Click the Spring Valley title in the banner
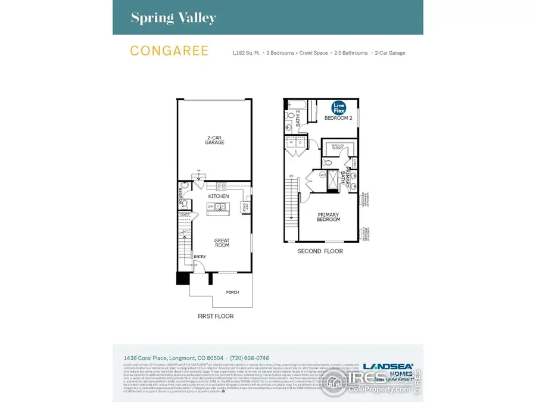(x=173, y=18)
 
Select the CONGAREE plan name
(x=169, y=51)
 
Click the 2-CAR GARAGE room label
(x=215, y=140)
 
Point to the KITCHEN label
(x=218, y=196)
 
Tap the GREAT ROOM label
(x=222, y=243)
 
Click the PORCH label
(x=233, y=292)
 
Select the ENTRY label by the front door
(x=200, y=257)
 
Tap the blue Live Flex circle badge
(x=339, y=108)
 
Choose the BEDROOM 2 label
(x=338, y=119)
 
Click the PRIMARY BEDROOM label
(x=328, y=217)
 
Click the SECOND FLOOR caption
(x=320, y=251)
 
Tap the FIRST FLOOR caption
(x=216, y=316)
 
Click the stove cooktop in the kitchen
(x=221, y=186)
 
